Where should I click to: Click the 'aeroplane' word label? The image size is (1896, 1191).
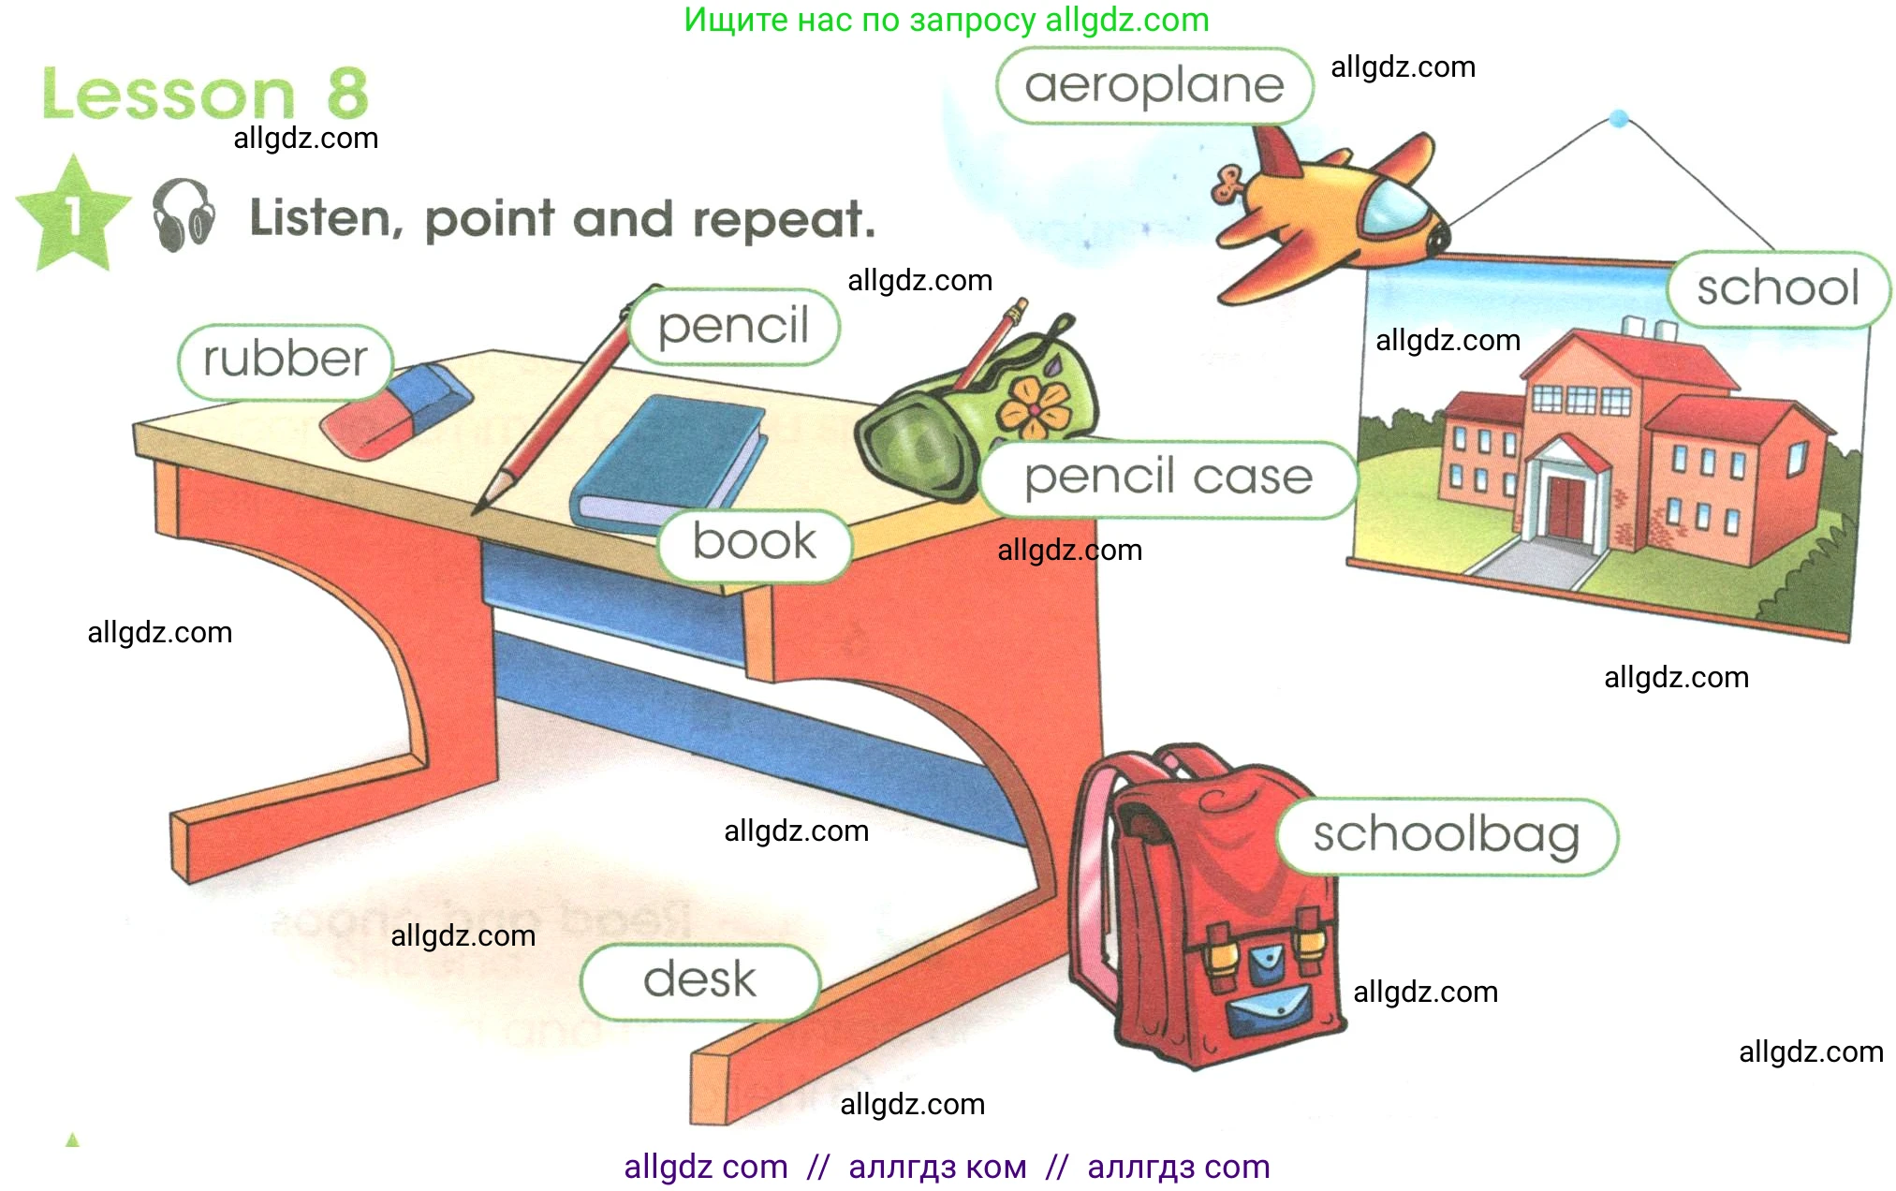tap(1154, 86)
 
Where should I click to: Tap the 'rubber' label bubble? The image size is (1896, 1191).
tap(286, 360)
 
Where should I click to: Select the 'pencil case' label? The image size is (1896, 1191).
tap(1168, 478)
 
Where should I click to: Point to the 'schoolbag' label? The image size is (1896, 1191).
tap(1447, 836)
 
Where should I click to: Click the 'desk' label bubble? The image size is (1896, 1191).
tap(699, 981)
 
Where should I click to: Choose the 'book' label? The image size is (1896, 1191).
tap(755, 543)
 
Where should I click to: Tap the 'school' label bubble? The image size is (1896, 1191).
tap(1777, 288)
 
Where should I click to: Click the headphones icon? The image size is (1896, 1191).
tap(184, 215)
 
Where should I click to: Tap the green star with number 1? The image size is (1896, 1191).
tap(73, 215)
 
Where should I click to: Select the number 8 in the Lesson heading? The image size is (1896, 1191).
tap(347, 94)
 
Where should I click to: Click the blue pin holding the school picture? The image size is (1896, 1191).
tap(1619, 119)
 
